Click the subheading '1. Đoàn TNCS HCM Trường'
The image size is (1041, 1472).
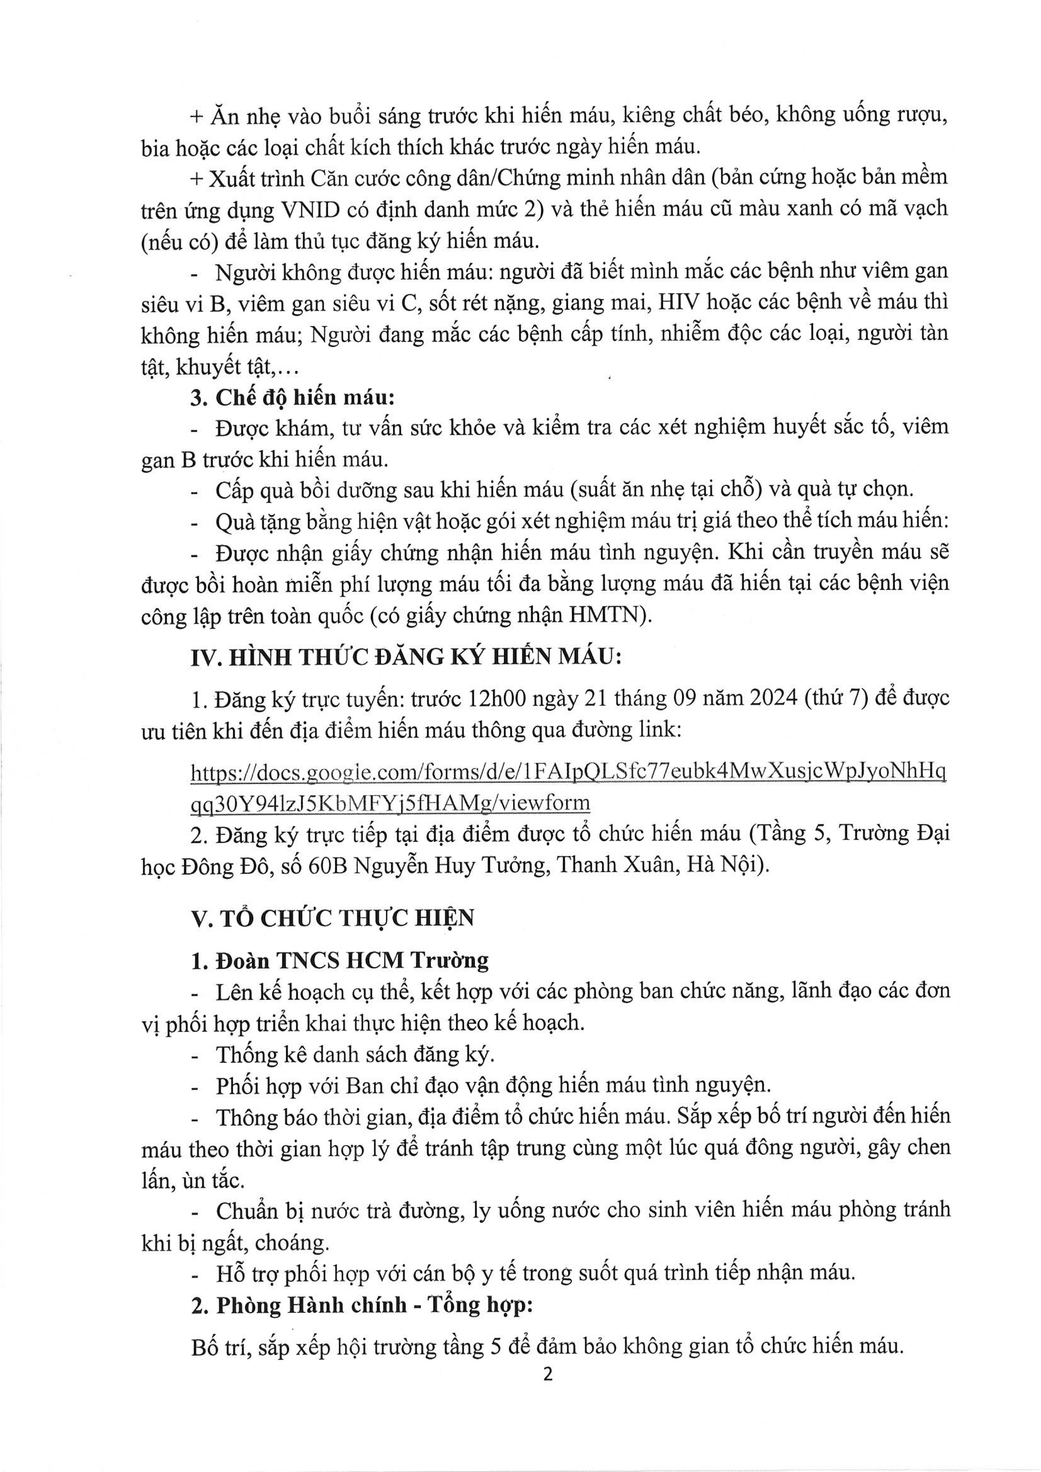[x=340, y=960]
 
